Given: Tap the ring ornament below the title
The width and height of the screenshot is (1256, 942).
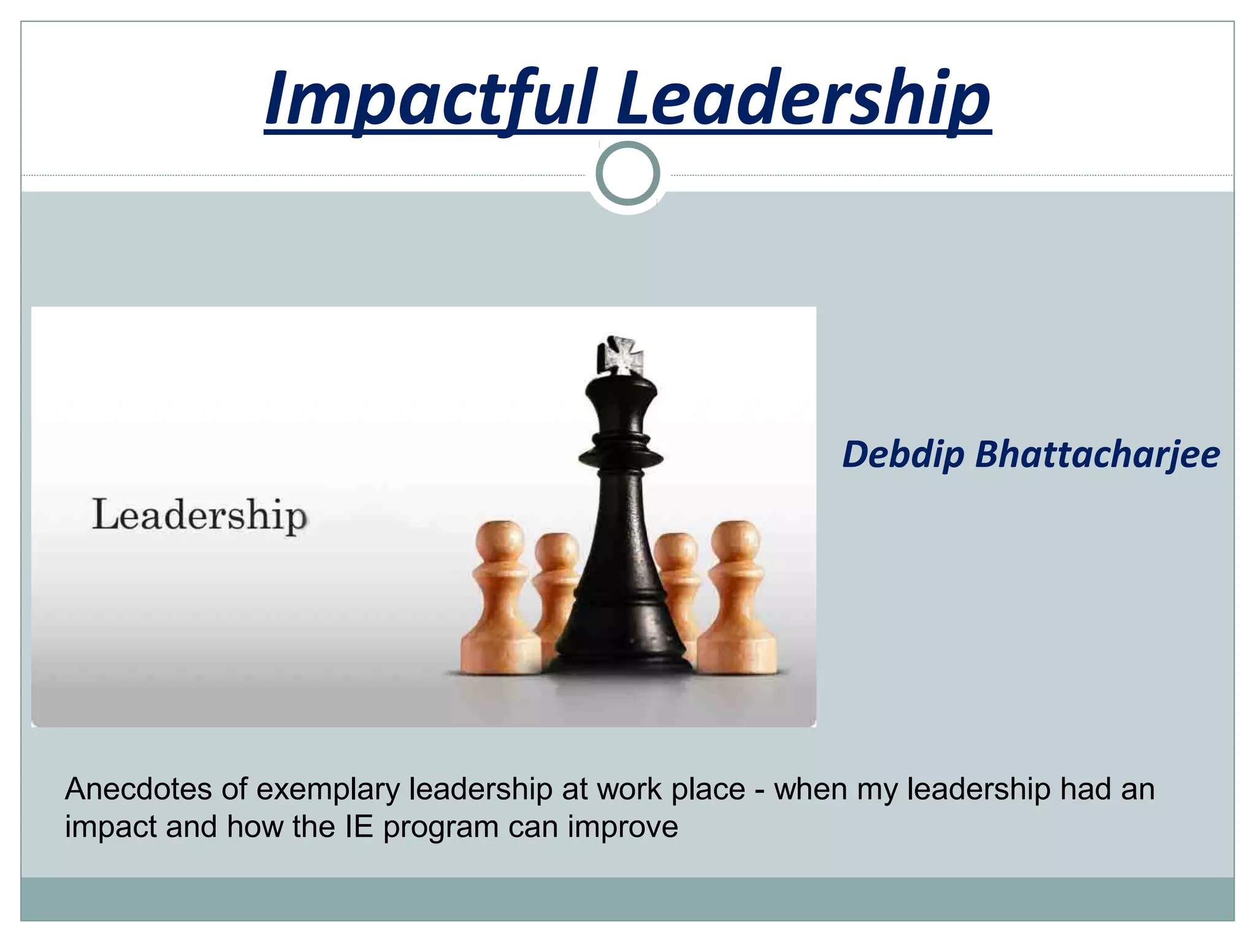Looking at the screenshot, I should tap(627, 174).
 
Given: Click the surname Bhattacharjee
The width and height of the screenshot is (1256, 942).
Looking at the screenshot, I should tap(1097, 454).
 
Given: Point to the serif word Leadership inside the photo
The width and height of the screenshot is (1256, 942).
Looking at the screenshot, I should tap(199, 515).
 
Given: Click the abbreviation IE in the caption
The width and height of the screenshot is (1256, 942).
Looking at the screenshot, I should tap(359, 827).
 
